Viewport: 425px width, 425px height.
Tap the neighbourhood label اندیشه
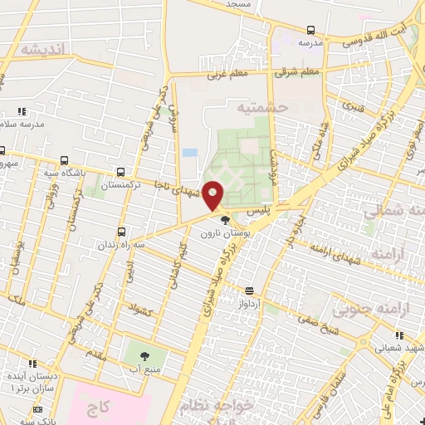(x=42, y=49)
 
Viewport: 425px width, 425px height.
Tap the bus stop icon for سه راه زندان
(x=123, y=232)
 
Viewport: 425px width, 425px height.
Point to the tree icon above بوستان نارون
(x=225, y=220)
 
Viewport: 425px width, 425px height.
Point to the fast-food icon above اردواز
(x=249, y=291)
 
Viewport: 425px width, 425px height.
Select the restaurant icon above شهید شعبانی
(x=400, y=335)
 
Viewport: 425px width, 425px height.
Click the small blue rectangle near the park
(x=190, y=154)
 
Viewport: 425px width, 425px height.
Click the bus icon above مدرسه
(x=310, y=29)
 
